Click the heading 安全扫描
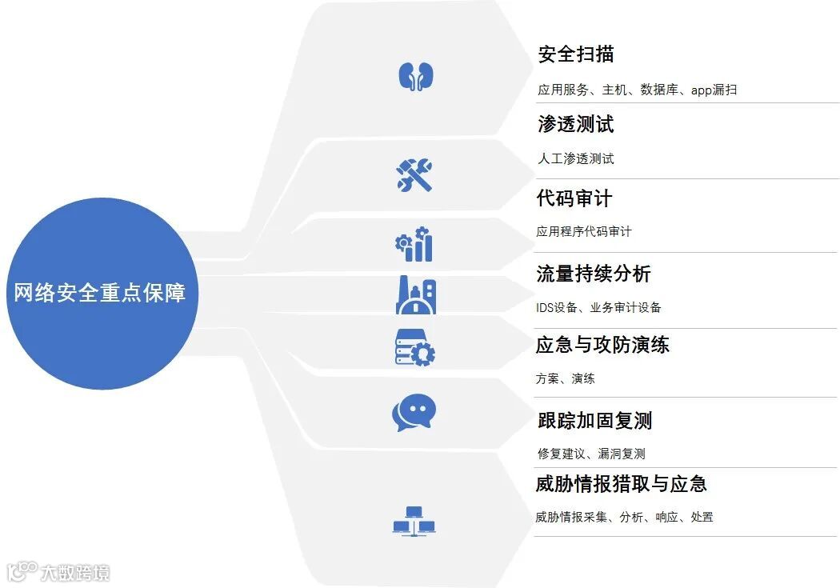tap(576, 54)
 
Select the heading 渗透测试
tap(576, 124)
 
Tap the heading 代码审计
tap(574, 198)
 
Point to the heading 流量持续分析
tap(594, 274)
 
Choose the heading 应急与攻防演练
tap(602, 345)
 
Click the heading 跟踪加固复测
tap(594, 420)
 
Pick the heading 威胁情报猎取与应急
tap(621, 484)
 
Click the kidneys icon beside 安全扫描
tap(415, 76)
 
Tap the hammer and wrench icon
tap(414, 174)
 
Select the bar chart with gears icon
tap(414, 244)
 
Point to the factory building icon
tap(415, 295)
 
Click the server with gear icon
tap(414, 347)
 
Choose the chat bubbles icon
tap(414, 414)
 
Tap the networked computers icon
tap(414, 521)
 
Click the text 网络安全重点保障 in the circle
tap(100, 293)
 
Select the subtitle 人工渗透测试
tap(576, 158)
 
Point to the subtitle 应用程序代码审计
tap(584, 231)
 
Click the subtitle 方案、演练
tap(565, 378)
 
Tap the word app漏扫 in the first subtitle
tap(714, 90)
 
